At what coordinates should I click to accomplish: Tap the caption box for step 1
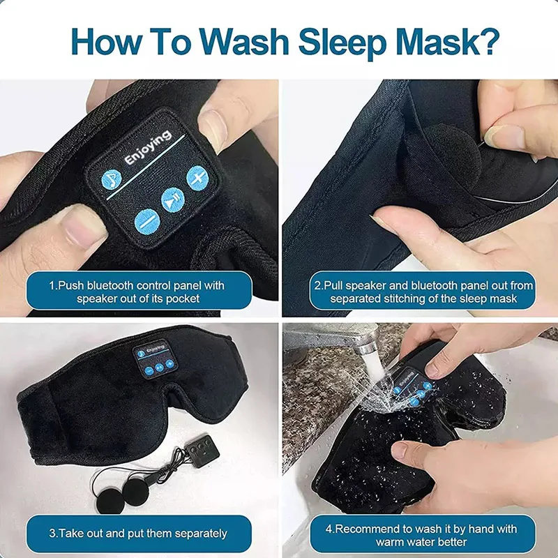point(138,292)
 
